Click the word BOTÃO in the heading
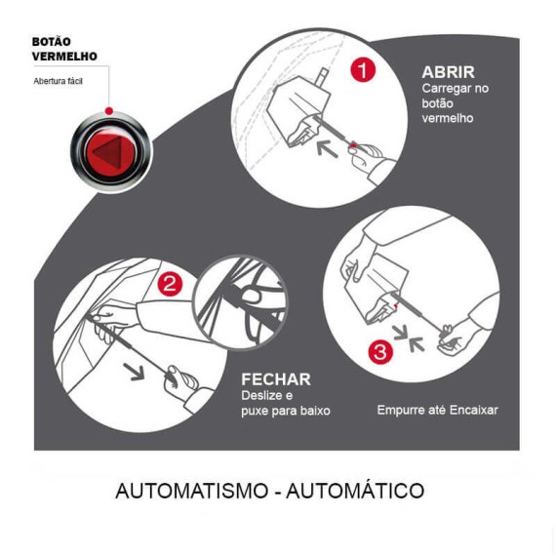52,42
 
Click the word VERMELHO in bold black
64,57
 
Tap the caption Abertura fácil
59,81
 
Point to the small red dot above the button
109,111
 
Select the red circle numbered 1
363,70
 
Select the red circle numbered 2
170,284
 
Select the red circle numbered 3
380,352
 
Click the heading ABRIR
448,72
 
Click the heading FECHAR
276,379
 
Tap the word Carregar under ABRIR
444,89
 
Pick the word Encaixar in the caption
474,410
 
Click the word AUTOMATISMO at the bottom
192,491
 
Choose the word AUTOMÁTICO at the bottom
355,491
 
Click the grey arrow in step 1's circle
327,148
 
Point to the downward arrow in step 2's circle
134,372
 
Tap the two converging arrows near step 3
409,339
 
